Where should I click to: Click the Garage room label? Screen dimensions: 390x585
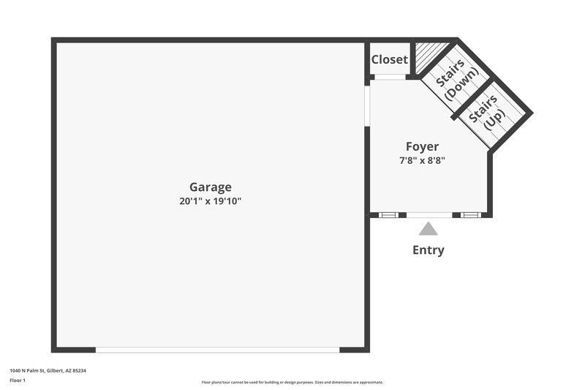click(211, 187)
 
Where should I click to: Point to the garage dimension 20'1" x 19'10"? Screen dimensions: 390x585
click(211, 200)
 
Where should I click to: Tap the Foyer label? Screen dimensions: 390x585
click(423, 146)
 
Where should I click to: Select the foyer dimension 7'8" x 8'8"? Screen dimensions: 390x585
click(423, 160)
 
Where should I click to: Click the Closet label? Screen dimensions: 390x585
click(389, 59)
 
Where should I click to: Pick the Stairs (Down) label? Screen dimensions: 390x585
click(456, 82)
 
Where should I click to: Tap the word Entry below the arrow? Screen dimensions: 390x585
click(428, 250)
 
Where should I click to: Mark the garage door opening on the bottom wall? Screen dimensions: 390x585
click(217, 350)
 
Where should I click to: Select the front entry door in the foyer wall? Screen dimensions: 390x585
click(429, 215)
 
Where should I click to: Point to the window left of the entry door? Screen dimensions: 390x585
click(388, 215)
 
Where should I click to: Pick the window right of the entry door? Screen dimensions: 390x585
click(469, 215)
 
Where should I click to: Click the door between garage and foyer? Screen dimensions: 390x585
click(367, 107)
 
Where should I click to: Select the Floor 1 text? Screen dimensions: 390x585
click(18, 381)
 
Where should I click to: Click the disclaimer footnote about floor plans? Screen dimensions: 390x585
click(292, 382)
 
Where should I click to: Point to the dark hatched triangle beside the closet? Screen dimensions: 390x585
click(426, 53)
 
